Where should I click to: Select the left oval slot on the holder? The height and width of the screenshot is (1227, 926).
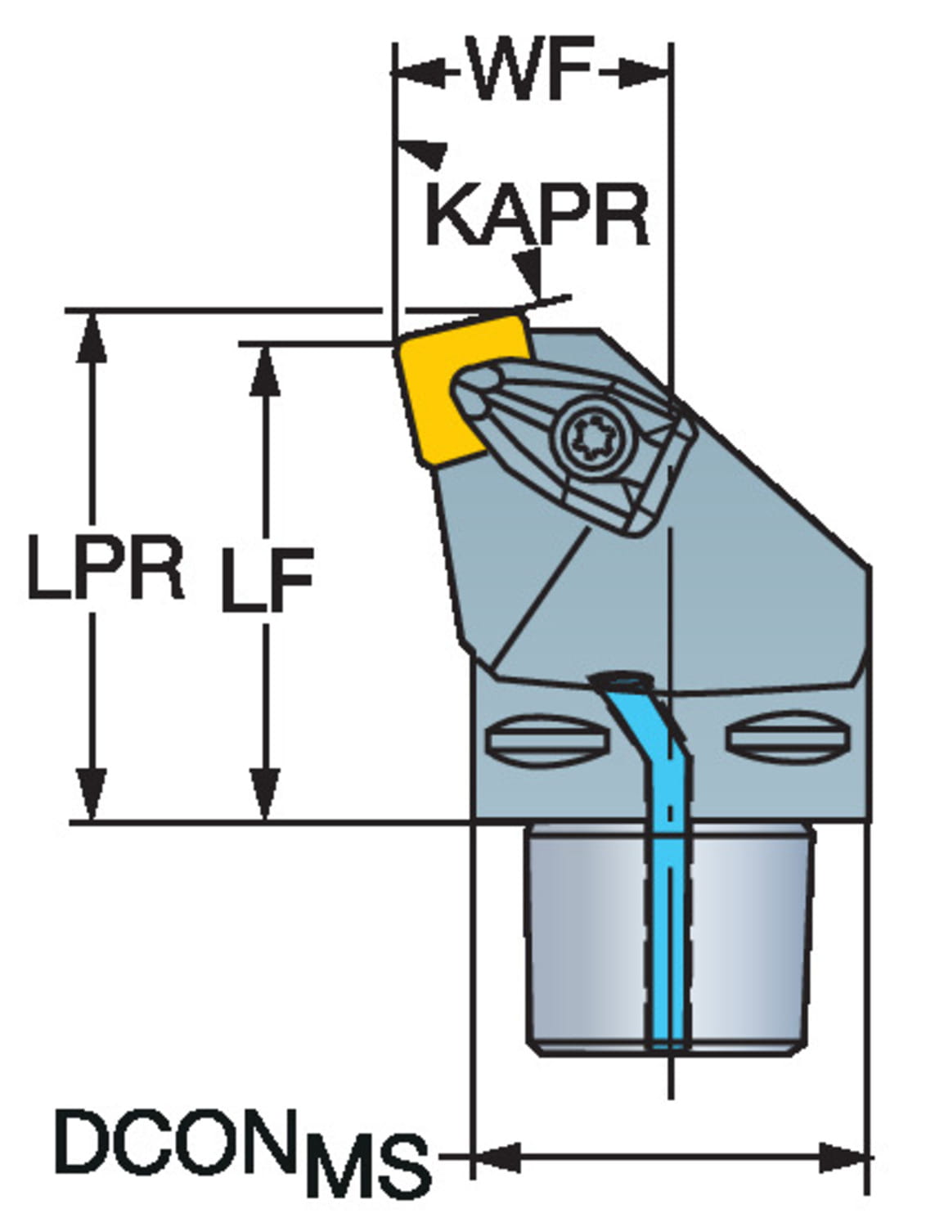coord(547,739)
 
